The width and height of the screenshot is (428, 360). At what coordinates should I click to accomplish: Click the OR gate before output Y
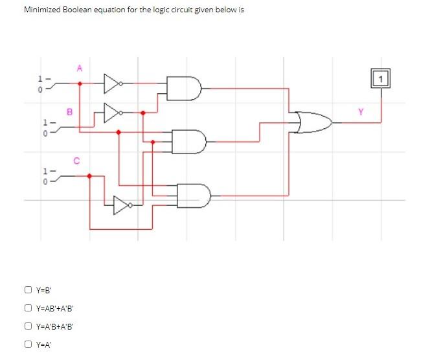314,120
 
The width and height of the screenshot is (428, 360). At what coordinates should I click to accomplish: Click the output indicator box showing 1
381,79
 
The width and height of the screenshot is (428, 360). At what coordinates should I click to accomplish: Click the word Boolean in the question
79,10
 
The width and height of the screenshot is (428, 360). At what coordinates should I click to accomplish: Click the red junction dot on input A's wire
80,84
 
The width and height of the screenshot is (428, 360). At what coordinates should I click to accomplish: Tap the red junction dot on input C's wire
89,175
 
